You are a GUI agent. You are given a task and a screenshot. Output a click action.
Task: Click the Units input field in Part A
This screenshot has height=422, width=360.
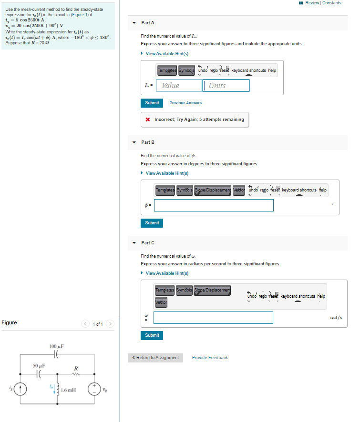[226, 86]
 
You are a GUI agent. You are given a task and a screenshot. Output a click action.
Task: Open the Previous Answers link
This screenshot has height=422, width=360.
[185, 103]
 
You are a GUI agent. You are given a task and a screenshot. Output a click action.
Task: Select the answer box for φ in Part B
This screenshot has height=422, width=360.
[214, 205]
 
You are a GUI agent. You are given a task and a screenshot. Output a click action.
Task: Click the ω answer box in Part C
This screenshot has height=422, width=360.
[213, 318]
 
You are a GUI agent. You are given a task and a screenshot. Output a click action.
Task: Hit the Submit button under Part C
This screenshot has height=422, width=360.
[152, 335]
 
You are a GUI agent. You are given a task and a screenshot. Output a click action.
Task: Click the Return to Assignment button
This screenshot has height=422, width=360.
[155, 358]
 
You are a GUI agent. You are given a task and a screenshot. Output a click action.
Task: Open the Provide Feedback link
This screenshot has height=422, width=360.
[210, 358]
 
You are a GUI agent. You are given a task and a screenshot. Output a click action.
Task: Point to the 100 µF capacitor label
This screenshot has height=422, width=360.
[57, 346]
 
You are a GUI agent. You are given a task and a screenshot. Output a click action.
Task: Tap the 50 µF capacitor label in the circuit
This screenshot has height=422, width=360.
[39, 366]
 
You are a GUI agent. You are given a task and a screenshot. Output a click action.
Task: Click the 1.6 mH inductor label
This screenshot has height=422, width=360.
[68, 390]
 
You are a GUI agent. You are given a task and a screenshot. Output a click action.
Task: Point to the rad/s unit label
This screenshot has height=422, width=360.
[336, 318]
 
